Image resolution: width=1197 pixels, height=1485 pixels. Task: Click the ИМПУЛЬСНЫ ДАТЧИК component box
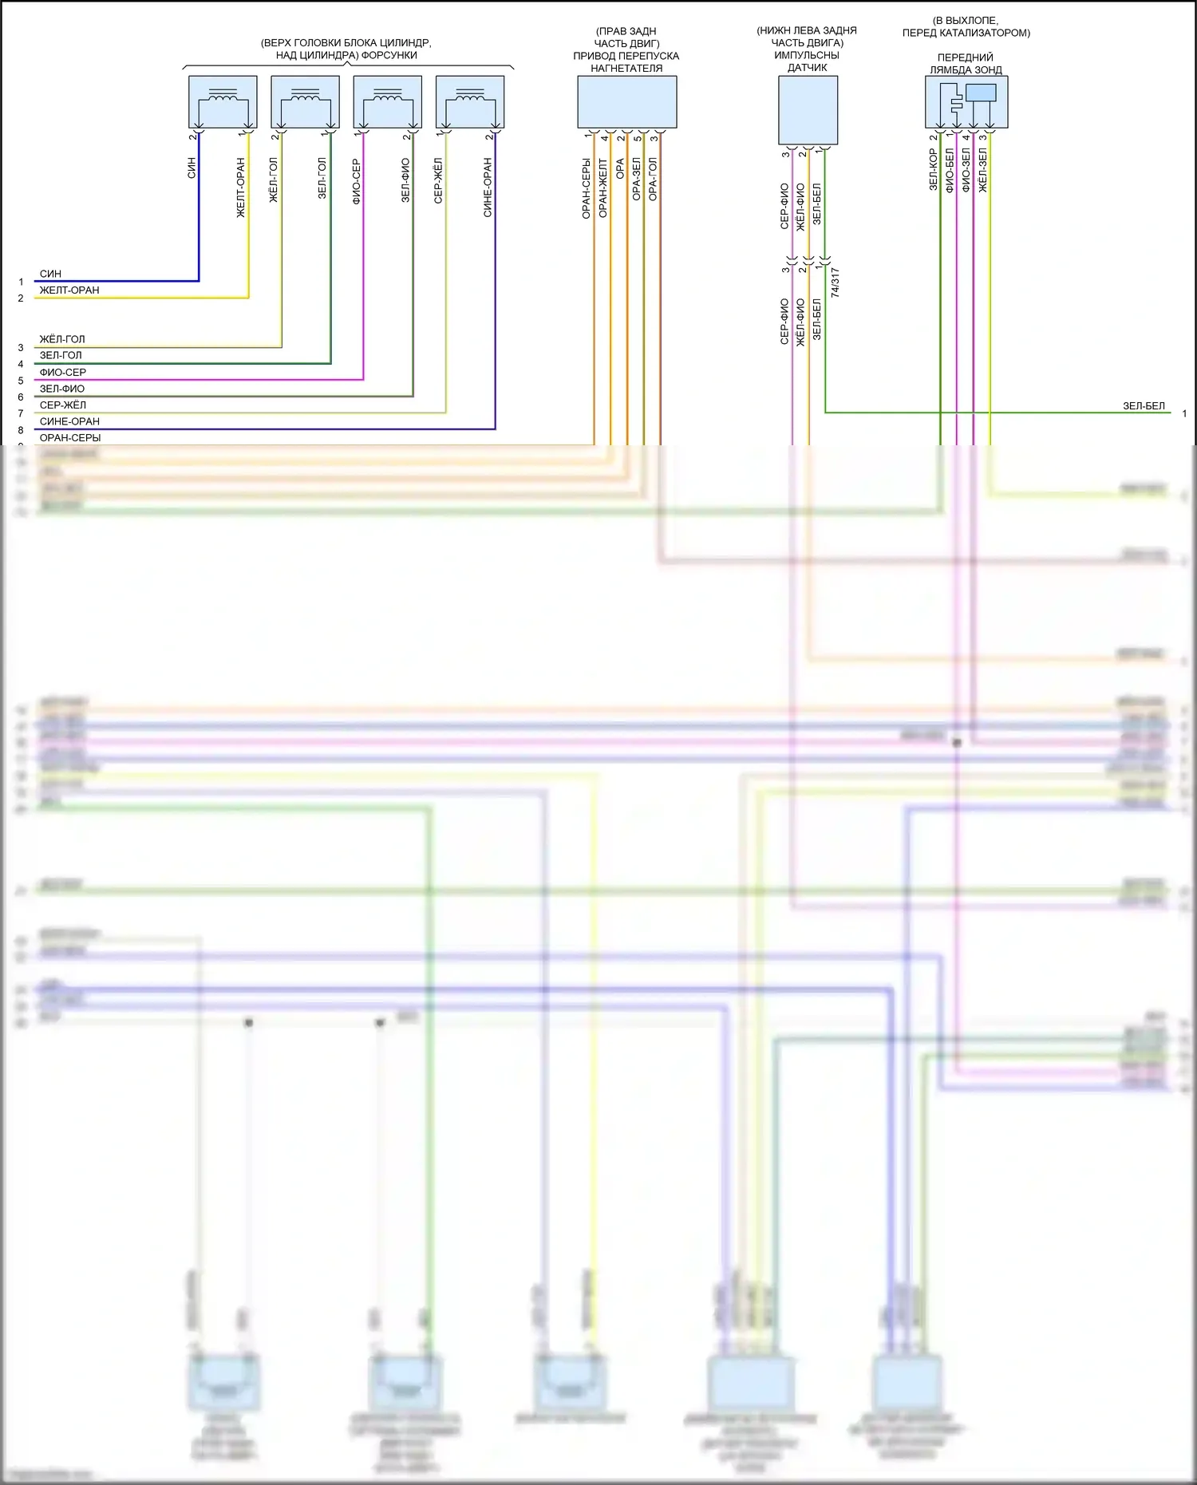click(808, 110)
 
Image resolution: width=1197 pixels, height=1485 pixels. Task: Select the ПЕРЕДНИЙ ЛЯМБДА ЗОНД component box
click(966, 102)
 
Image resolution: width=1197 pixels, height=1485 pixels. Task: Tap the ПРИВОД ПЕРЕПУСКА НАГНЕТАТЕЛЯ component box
click(626, 102)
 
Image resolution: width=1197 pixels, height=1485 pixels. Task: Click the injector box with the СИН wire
click(223, 102)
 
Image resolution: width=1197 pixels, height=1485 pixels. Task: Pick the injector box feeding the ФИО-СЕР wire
click(387, 102)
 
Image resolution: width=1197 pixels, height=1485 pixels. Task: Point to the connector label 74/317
click(836, 282)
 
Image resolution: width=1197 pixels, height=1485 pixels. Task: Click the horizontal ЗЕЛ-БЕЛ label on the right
click(1144, 406)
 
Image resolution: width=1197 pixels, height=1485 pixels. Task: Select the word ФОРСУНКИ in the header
click(389, 55)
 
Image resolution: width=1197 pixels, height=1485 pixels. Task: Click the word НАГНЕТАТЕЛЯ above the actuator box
click(626, 69)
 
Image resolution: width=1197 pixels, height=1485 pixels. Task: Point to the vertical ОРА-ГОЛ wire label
click(654, 179)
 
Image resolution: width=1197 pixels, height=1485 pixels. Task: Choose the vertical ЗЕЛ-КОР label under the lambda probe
click(933, 168)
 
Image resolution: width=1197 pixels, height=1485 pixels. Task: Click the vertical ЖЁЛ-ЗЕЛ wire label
click(983, 170)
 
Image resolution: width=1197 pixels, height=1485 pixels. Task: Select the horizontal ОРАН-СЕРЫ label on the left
click(70, 438)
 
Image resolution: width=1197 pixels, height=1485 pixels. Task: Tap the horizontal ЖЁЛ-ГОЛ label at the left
click(62, 339)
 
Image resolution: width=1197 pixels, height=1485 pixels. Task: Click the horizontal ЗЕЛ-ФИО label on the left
click(62, 389)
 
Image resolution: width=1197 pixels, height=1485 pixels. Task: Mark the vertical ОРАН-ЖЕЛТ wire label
click(603, 188)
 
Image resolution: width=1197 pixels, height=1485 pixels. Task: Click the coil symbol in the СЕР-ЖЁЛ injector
click(470, 95)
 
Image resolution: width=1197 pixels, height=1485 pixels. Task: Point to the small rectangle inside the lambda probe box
click(981, 93)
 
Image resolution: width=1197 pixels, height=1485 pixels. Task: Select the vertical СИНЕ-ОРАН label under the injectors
click(488, 188)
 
